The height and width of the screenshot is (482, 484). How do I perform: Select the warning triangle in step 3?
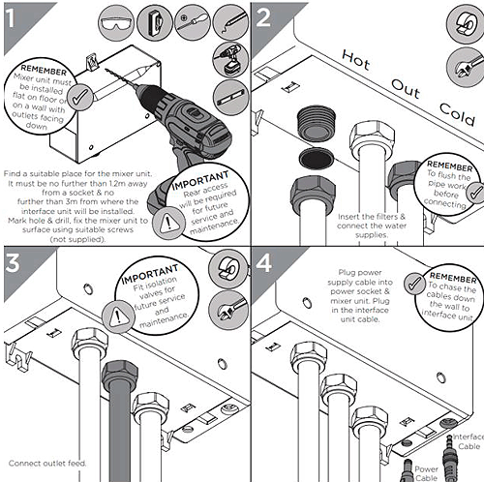click(121, 314)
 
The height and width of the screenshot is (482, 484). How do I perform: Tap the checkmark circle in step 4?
click(416, 283)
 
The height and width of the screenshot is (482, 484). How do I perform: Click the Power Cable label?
click(426, 470)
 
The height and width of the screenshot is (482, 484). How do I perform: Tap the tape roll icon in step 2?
click(455, 20)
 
